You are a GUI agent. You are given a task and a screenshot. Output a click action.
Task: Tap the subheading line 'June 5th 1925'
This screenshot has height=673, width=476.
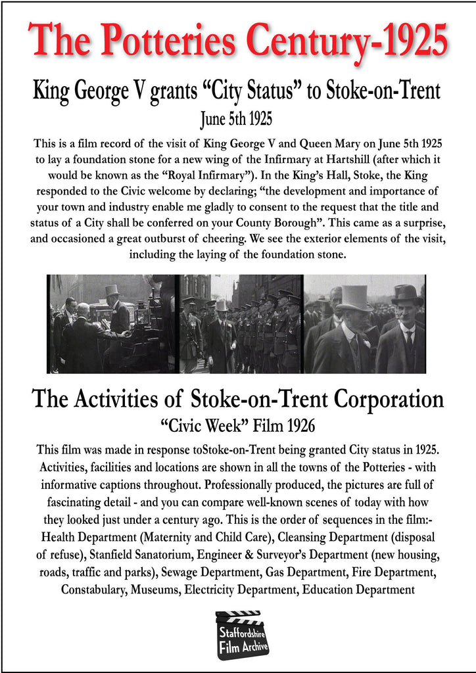tap(237, 119)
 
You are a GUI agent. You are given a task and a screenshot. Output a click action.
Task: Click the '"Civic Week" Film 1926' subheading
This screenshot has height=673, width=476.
tap(237, 426)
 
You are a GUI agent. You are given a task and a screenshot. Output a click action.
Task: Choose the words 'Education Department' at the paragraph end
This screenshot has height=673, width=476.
tap(358, 590)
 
